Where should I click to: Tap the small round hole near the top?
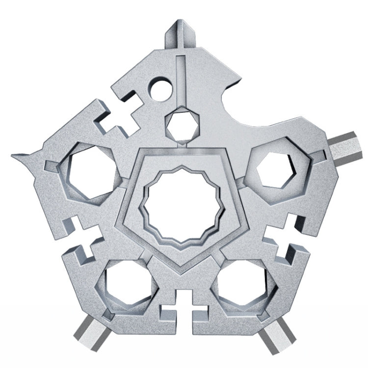159,90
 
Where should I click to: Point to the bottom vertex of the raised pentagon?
183,269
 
